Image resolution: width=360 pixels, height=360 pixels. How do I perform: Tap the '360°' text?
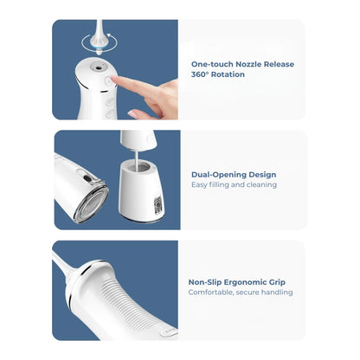pos(200,74)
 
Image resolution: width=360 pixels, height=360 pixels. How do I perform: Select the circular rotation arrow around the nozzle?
pos(84,39)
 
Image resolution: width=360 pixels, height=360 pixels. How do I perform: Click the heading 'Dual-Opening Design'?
pos(234,174)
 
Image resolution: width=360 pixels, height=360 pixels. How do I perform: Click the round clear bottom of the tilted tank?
pos(91,204)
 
